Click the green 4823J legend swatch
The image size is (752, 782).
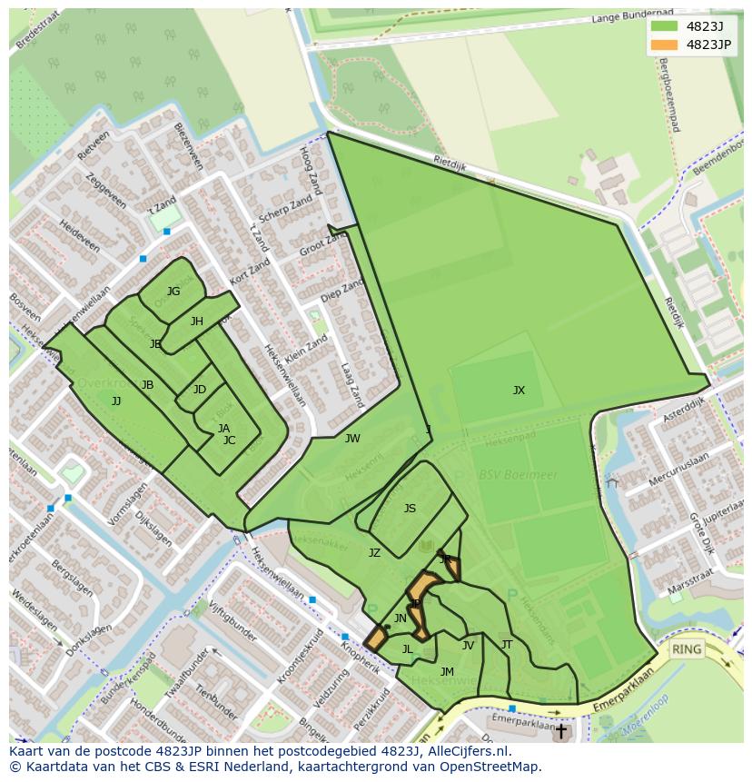663,26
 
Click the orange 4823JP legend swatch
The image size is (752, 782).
663,45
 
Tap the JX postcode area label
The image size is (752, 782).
519,391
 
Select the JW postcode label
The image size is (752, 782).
352,439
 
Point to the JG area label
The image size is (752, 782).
173,292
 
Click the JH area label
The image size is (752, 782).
197,322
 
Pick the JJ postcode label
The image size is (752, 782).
116,401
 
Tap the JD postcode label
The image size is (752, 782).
200,390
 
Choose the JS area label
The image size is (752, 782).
410,509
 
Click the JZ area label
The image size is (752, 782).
374,552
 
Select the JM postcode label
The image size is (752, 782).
447,672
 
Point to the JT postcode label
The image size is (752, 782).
507,645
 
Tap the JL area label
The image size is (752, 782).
408,649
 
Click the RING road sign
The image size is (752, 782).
688,649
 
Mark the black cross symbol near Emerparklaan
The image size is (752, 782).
561,730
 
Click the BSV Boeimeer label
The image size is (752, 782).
506,475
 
